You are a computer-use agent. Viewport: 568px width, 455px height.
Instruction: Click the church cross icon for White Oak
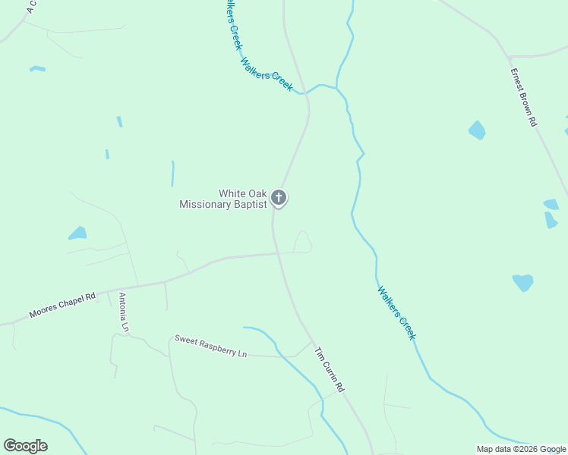pos(279,199)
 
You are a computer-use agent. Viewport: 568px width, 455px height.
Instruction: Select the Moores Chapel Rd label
pos(62,304)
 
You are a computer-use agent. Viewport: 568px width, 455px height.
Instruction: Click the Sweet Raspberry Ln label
pos(210,347)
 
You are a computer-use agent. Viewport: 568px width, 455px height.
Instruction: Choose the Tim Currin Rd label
pos(330,369)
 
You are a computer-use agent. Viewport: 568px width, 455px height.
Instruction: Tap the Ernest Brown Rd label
pos(523,98)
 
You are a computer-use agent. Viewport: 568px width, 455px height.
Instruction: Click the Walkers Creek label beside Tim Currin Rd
pos(396,312)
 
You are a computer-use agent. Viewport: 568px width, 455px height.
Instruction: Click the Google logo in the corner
pos(25,446)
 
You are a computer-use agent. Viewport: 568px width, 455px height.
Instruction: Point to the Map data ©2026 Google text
pos(520,449)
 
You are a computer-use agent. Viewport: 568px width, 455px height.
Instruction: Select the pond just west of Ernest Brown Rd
pos(477,130)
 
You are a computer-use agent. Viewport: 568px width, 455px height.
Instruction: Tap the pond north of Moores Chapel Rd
pos(77,233)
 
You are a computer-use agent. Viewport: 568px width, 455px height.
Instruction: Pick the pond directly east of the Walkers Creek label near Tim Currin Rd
pos(522,282)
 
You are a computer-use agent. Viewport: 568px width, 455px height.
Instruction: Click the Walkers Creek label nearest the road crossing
pos(267,75)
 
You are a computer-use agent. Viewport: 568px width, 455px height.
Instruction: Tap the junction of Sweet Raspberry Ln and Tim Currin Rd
pos(311,342)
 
